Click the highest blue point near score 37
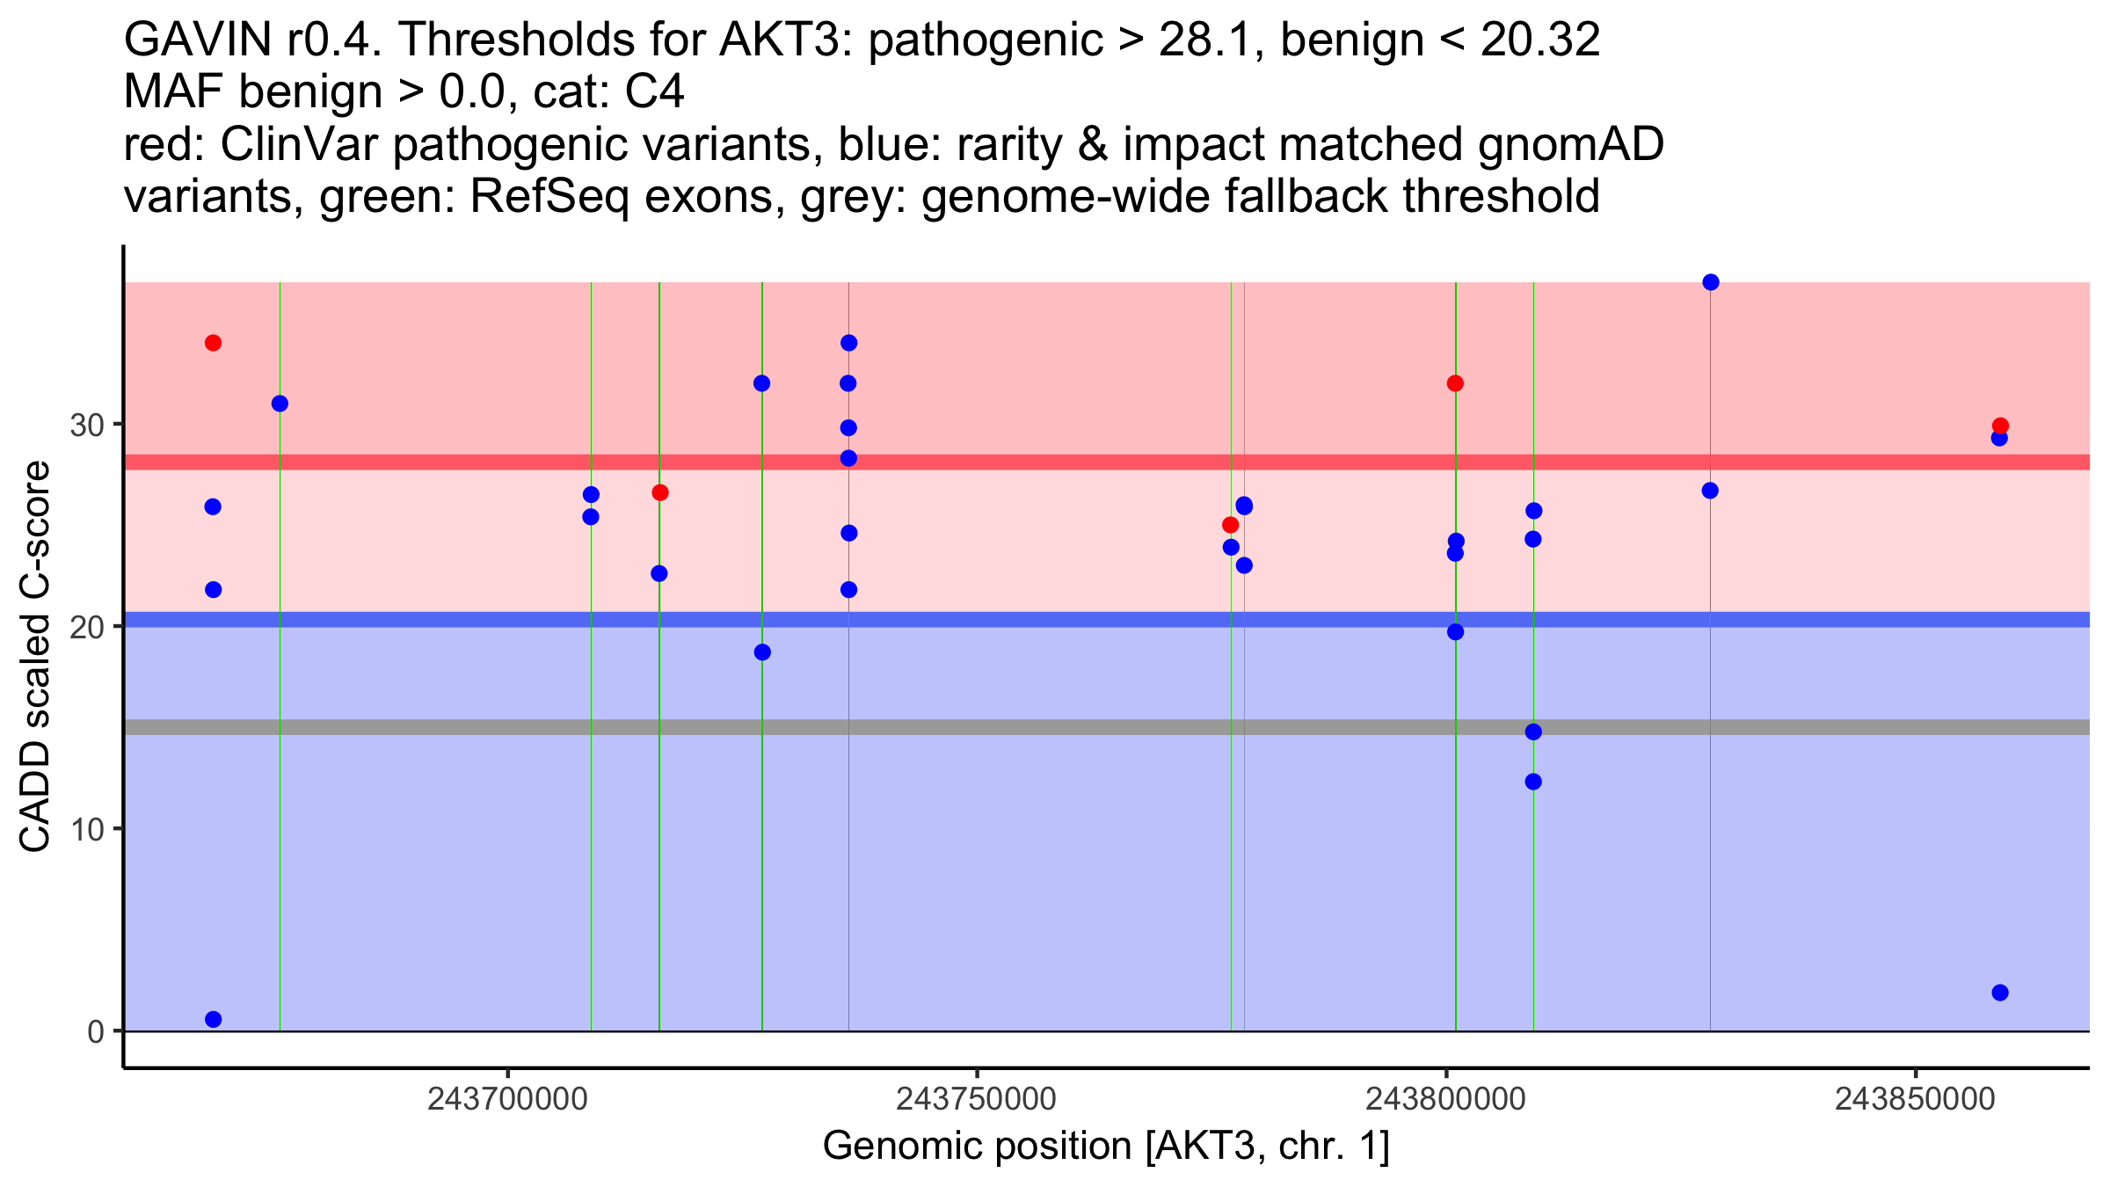pyautogui.click(x=1710, y=282)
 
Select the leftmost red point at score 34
pyautogui.click(x=213, y=343)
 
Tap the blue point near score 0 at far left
pyautogui.click(x=213, y=1019)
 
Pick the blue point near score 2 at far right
pyautogui.click(x=2000, y=993)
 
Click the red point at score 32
pyautogui.click(x=1455, y=383)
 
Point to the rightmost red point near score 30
pyautogui.click(x=2000, y=426)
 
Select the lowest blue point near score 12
pyautogui.click(x=1533, y=782)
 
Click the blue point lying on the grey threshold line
pyautogui.click(x=1533, y=732)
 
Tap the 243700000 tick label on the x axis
pyautogui.click(x=507, y=1100)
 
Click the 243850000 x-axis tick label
pyautogui.click(x=1915, y=1100)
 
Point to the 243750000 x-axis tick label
pyautogui.click(x=976, y=1100)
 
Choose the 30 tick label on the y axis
pyautogui.click(x=86, y=426)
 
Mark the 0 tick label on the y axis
pyautogui.click(x=96, y=1031)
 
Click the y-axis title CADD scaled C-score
pyautogui.click(x=35, y=658)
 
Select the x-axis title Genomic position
pyautogui.click(x=1106, y=1147)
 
